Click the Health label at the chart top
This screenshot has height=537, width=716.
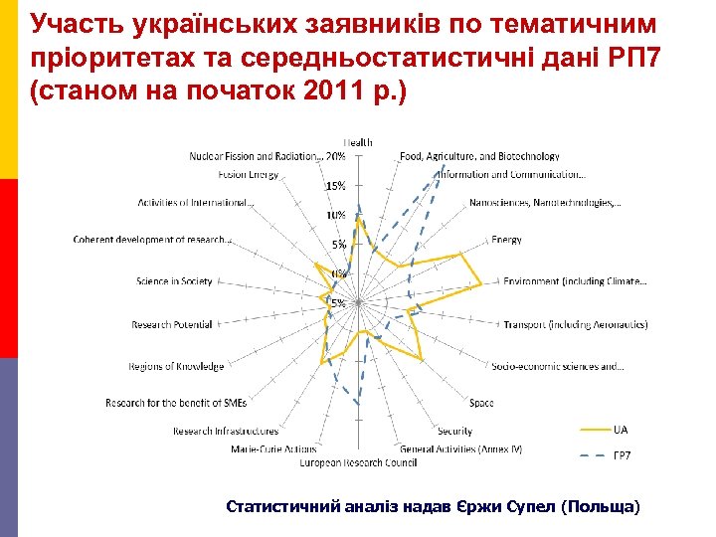[359, 141]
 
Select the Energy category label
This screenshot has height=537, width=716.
[506, 240]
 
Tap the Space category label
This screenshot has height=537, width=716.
[481, 403]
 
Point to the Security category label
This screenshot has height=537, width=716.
[454, 431]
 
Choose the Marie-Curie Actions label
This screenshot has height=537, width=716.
[273, 449]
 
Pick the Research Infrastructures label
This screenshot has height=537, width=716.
[226, 431]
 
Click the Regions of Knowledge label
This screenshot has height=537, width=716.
[176, 367]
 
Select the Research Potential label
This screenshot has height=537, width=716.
[172, 325]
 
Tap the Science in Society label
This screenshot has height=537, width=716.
[175, 281]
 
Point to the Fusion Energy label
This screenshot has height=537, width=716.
[249, 175]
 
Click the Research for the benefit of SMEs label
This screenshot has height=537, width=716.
[176, 403]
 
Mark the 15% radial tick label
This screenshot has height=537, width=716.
[336, 186]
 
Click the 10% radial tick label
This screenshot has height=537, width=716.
[336, 215]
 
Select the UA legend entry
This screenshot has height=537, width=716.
[621, 430]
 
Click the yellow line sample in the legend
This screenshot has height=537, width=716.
[593, 430]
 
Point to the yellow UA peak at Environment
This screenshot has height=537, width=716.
[481, 284]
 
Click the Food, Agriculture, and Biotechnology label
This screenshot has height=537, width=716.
[479, 156]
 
